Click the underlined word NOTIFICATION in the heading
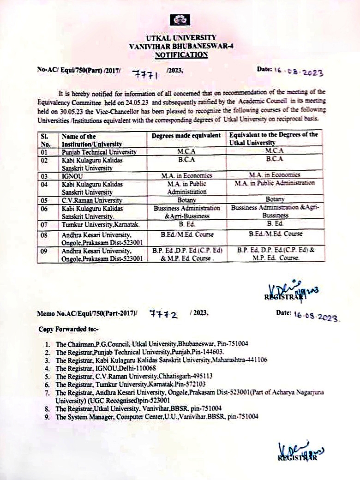[181, 54]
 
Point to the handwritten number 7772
[164, 314]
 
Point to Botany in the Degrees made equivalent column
[186, 200]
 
